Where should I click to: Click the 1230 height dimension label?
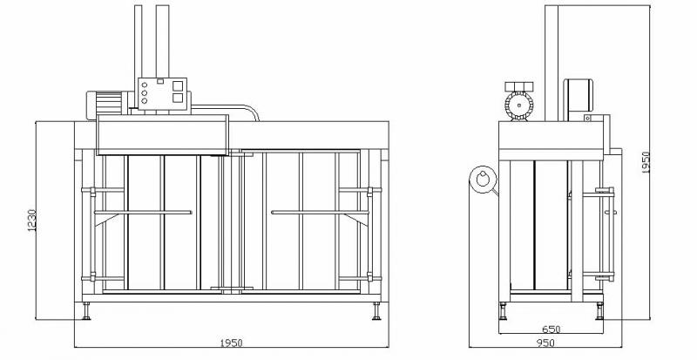point(31,221)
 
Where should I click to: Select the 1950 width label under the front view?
point(231,343)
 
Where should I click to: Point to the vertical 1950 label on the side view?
point(646,163)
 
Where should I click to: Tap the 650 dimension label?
point(552,329)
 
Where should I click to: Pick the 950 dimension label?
point(546,343)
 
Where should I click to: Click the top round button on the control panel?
point(144,85)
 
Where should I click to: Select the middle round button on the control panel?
point(144,93)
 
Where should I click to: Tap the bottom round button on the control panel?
point(144,101)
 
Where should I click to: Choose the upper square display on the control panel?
point(178,86)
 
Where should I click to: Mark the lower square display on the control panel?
point(178,98)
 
